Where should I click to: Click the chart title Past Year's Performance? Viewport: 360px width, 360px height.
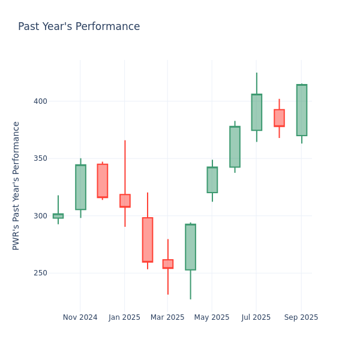pos(79,27)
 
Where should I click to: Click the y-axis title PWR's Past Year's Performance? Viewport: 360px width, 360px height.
pos(17,185)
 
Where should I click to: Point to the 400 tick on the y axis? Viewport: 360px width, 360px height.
pos(40,101)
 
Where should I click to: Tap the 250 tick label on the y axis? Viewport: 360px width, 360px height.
pos(40,273)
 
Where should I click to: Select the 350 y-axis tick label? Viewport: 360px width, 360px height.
pos(40,158)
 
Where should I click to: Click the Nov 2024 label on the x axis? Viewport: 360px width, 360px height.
pos(80,317)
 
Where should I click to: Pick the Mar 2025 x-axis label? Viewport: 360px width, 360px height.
pos(167,317)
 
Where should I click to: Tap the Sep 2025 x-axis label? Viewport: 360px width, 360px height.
pos(301,317)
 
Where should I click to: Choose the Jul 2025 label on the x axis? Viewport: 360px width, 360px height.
pos(256,317)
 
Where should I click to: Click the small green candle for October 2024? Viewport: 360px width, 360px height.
pos(58,216)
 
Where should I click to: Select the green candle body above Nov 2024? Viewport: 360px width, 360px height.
pos(80,187)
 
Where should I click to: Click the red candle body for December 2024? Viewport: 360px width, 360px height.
pos(103,181)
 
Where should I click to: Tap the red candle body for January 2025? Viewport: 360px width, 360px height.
pos(125,200)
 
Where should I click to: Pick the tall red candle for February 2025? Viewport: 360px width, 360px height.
pos(148,239)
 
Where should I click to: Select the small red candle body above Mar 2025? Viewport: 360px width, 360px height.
pos(168,264)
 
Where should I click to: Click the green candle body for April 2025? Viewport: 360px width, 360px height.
pos(190,247)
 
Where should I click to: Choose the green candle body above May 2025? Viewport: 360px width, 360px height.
pos(212,180)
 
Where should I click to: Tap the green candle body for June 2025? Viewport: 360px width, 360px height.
pos(235,147)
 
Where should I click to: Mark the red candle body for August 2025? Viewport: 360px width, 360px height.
pos(279,118)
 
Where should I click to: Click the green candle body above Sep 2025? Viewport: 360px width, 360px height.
pos(301,110)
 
